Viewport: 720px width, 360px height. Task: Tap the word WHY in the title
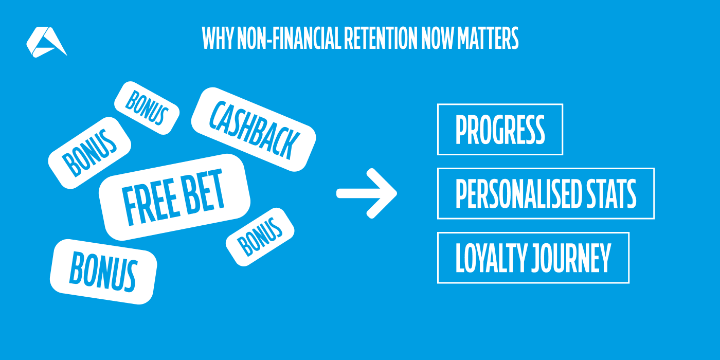pos(218,38)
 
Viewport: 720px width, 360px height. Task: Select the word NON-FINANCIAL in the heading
pos(289,38)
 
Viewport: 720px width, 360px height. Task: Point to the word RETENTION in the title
pos(381,38)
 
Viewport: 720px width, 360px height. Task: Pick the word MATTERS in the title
pos(488,38)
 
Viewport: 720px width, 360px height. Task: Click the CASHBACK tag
pos(254,129)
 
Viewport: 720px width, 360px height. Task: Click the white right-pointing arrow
pos(367,193)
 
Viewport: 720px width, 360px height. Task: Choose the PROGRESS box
pos(500,129)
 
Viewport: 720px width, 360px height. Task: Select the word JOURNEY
pos(571,258)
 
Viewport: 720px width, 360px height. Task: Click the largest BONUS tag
pos(103,272)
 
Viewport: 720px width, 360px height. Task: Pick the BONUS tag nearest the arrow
pos(260,237)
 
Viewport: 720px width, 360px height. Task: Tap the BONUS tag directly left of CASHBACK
pos(147,108)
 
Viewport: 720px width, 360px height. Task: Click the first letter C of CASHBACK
pos(218,115)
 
